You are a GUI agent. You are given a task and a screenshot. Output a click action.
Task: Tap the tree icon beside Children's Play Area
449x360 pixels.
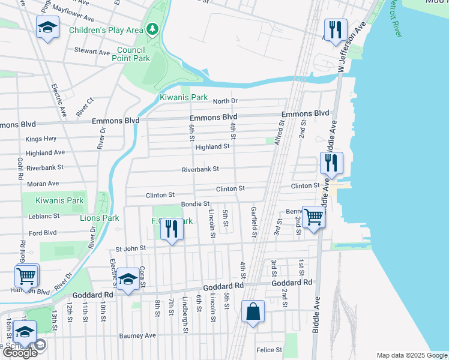[154, 29]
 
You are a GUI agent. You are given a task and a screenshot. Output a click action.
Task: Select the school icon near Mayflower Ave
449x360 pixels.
[48, 28]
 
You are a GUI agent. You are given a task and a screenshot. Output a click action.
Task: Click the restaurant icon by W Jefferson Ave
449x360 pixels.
[335, 29]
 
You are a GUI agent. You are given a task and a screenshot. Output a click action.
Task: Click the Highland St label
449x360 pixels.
[212, 146]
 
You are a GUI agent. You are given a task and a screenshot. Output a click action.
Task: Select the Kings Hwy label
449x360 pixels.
[41, 139]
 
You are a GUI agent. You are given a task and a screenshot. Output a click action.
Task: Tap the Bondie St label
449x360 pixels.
[195, 205]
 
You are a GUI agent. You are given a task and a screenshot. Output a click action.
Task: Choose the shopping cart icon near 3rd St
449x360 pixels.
[313, 217]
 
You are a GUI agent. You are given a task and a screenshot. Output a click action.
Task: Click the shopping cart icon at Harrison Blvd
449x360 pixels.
[26, 276]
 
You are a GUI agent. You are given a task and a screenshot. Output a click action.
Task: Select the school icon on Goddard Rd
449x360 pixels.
[127, 279]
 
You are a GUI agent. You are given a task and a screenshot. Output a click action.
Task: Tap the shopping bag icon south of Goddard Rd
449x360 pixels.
[253, 312]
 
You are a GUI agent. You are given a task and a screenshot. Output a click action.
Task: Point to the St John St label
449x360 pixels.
[131, 248]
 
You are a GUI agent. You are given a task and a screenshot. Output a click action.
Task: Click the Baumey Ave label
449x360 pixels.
[137, 335]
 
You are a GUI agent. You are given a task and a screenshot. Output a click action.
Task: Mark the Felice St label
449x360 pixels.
[269, 350]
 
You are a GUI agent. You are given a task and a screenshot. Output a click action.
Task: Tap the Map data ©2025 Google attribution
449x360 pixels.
[411, 355]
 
